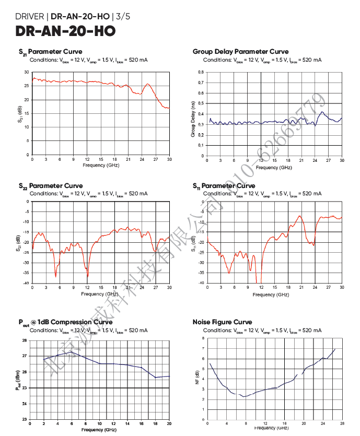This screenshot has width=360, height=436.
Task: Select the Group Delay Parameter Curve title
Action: [240, 52]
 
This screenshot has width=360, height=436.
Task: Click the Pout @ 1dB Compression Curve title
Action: [65, 322]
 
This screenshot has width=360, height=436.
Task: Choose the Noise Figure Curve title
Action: [222, 322]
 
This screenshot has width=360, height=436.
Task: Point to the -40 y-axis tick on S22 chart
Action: [26, 284]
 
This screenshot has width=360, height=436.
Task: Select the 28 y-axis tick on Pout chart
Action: [25, 340]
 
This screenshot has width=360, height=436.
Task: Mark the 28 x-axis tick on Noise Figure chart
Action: [342, 423]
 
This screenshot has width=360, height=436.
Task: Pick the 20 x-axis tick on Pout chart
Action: [169, 423]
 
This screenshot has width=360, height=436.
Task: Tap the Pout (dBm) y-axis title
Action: [18, 380]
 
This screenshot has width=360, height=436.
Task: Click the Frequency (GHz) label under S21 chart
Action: [101, 165]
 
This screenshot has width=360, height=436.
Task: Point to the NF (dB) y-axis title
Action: [198, 380]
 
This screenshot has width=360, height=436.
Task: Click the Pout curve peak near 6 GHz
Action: [72, 352]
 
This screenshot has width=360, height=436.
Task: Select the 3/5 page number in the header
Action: [123, 16]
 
